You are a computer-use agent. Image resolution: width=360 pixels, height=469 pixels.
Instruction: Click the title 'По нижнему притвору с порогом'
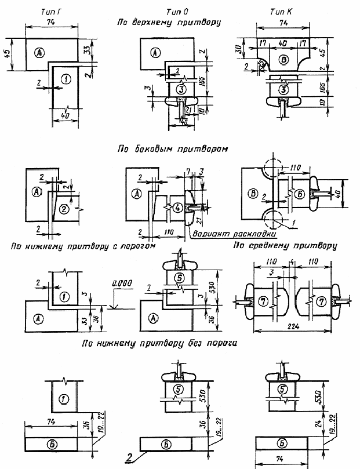coord(84,246)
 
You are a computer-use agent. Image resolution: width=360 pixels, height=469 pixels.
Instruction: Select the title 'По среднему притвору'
coord(285,246)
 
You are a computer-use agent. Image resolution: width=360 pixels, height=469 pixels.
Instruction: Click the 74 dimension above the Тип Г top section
coord(52,21)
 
